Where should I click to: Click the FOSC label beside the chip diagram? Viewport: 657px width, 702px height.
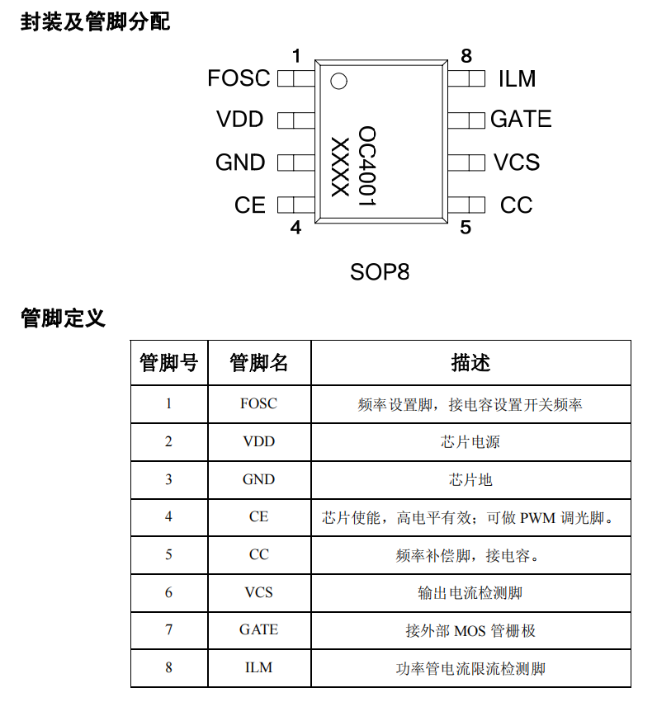pos(239,78)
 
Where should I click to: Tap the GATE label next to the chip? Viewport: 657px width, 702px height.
pos(521,120)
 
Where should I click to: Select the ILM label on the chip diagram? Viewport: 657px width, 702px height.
pos(517,78)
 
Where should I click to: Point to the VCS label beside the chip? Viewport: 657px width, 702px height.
pos(517,163)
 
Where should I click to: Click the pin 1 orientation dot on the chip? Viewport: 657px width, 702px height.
pos(338,81)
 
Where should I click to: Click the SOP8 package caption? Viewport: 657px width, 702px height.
pos(380,271)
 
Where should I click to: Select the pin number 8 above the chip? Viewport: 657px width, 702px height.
pos(466,56)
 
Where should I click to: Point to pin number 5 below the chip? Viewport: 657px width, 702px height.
pos(466,228)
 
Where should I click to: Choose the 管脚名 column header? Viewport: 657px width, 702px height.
pos(258,362)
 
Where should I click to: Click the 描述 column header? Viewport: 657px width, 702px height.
pos(470,362)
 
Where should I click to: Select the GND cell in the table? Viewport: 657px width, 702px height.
pos(258,479)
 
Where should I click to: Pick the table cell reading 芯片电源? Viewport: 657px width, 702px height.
pos(470,441)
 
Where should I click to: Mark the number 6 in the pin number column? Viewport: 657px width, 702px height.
pos(168,592)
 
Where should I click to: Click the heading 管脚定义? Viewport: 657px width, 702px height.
pos(64,318)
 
